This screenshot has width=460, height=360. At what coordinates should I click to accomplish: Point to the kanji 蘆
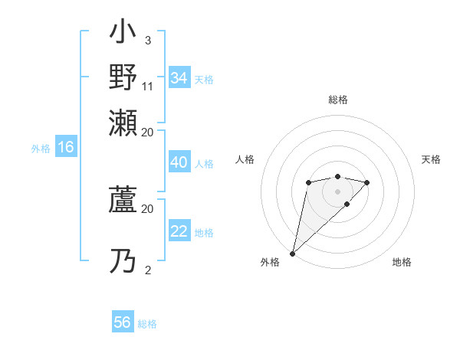(123, 202)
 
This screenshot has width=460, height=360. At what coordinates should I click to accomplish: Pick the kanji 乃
(123, 260)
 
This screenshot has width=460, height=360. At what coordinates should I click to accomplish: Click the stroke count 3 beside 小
(147, 40)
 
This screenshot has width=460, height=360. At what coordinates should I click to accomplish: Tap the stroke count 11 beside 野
(148, 87)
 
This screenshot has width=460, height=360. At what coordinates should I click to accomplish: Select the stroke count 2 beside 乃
(147, 270)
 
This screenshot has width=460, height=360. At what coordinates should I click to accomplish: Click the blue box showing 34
(179, 78)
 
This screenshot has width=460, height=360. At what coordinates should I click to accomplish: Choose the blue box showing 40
(179, 162)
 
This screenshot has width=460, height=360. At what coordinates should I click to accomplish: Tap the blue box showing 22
(179, 231)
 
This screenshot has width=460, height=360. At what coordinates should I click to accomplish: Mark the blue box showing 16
(65, 148)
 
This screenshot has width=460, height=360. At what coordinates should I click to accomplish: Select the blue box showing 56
(123, 322)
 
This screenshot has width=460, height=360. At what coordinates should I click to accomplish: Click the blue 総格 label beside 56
(147, 324)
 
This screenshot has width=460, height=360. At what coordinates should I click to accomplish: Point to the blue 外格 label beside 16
(41, 149)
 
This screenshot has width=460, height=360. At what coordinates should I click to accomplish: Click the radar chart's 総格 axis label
(337, 100)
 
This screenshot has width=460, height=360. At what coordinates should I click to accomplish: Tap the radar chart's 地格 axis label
(402, 263)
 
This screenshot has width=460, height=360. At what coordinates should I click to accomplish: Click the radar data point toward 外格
(292, 254)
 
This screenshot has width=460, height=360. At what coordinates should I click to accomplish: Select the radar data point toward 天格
(367, 182)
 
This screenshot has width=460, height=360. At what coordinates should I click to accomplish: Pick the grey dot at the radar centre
(337, 191)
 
